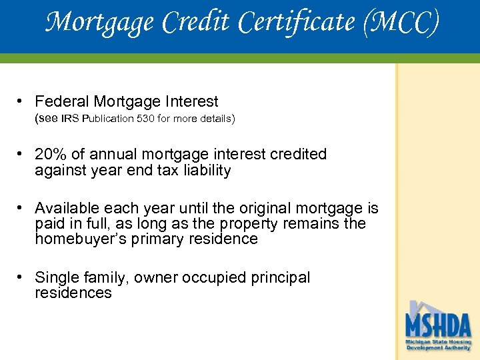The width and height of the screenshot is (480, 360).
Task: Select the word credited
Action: [x=298, y=154]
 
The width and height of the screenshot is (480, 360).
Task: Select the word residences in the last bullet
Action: [x=73, y=293]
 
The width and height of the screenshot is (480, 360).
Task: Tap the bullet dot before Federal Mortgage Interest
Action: [x=22, y=101]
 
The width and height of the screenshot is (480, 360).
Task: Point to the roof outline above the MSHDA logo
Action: [x=427, y=307]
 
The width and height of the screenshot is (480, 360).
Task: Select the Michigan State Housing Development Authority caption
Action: [x=438, y=344]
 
